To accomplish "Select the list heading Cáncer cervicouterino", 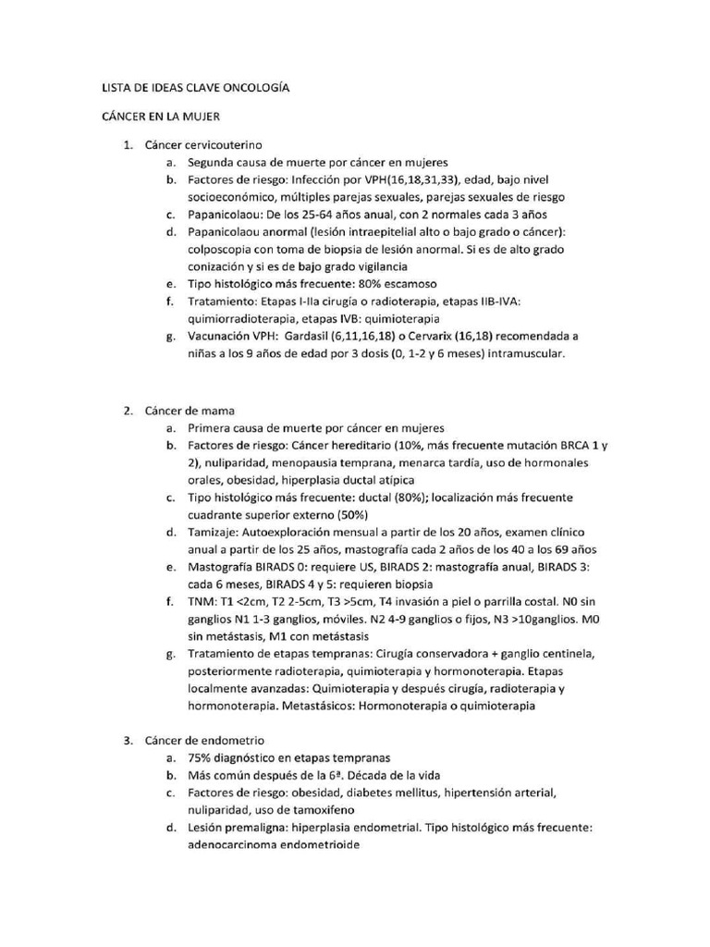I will click(x=203, y=145).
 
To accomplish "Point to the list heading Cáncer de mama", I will click(x=190, y=411).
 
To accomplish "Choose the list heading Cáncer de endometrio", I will click(x=204, y=741).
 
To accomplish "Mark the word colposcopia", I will click(x=222, y=249).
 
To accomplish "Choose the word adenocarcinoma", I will click(x=231, y=845).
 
